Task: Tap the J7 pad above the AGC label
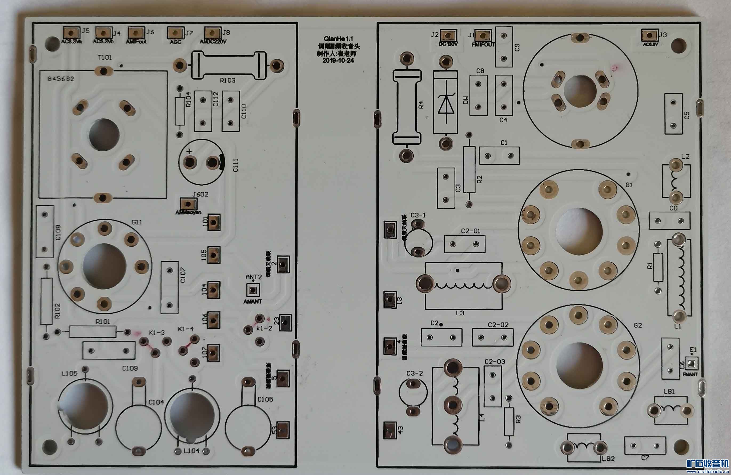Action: point(175,33)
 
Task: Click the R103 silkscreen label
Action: point(228,80)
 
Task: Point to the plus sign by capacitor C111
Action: point(189,151)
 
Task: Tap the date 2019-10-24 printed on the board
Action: point(338,61)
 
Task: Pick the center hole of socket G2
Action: point(579,365)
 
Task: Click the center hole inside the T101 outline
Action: point(104,135)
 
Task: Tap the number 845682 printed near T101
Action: point(61,79)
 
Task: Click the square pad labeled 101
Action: point(214,222)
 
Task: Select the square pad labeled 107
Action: point(214,352)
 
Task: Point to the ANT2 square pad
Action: point(253,289)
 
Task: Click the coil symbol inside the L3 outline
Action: point(463,286)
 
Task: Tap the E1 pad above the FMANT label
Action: point(691,364)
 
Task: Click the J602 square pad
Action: point(188,204)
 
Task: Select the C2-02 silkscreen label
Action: point(498,325)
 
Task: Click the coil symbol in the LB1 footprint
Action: point(670,409)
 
